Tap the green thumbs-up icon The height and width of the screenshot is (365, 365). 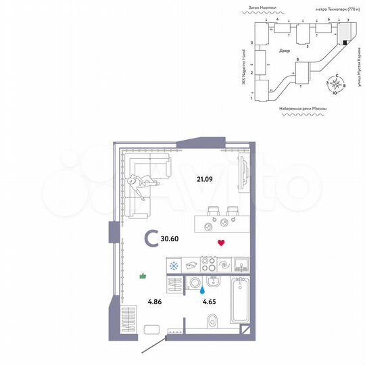click(x=143, y=275)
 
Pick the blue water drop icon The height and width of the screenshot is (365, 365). click(x=201, y=290)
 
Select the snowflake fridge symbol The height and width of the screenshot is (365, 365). click(x=174, y=266)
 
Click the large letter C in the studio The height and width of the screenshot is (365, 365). click(x=152, y=239)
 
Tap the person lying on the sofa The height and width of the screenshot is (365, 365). click(x=143, y=181)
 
